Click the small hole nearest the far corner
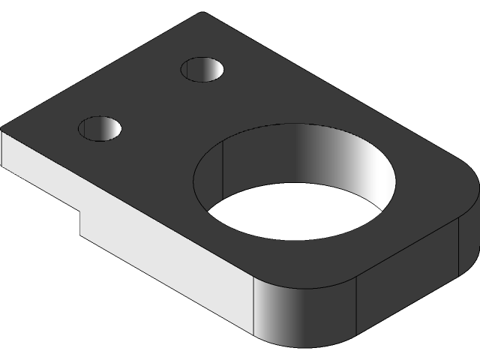coord(203,70)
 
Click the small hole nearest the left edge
coord(100,128)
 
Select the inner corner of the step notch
coord(81,213)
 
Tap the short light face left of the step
coord(37,169)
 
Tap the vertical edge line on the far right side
coord(458,247)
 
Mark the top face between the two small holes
coord(150,101)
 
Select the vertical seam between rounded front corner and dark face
coord(356,307)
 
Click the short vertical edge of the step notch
coord(81,223)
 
